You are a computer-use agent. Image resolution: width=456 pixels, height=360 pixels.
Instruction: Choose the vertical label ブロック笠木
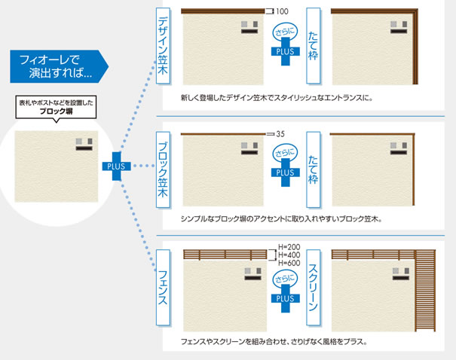163,170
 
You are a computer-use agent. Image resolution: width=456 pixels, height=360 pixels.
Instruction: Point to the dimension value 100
283,11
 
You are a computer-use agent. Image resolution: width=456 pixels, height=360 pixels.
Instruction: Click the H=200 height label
289,247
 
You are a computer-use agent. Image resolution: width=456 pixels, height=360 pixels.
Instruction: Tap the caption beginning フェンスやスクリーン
275,342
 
